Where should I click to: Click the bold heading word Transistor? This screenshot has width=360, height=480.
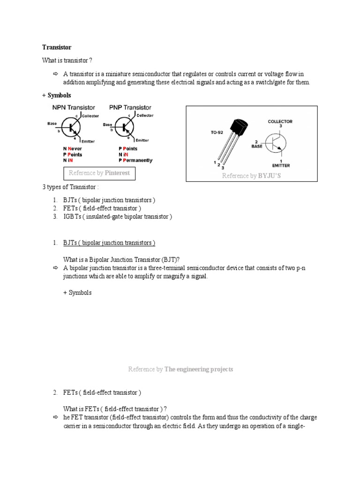pos(57,47)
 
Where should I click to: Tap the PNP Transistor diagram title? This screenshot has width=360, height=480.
pos(130,107)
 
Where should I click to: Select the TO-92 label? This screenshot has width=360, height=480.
pos(217,133)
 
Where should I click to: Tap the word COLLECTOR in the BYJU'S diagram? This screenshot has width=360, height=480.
pos(280,121)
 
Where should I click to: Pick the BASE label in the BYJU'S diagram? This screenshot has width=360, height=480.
pos(256,146)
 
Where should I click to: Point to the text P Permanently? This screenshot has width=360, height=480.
pos(135,160)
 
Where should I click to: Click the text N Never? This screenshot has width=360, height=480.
pos(73,149)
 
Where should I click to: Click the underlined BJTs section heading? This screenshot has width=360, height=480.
pos(109,243)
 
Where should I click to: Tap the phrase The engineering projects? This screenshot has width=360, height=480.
pos(199,369)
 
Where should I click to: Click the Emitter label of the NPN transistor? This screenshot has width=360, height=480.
pos(89,142)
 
